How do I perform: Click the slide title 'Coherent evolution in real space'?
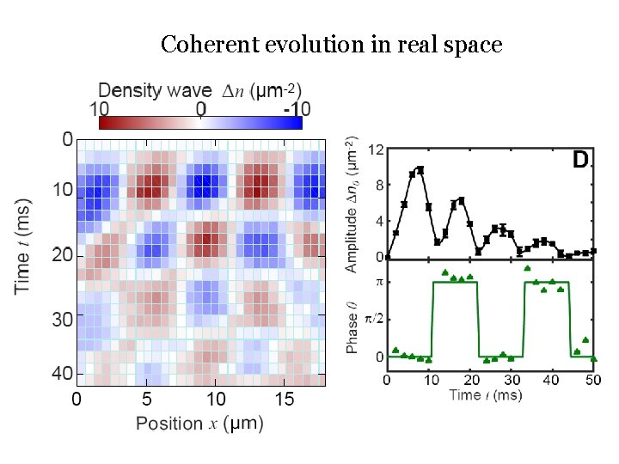tap(331, 44)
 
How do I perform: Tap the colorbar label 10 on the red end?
tap(99, 109)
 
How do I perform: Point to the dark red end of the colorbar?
tap(103, 122)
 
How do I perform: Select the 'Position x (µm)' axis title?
tap(199, 423)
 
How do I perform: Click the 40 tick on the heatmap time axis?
tap(63, 375)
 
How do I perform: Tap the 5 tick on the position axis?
tap(147, 399)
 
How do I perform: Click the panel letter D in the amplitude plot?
tap(581, 160)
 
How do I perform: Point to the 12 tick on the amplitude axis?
tap(376, 149)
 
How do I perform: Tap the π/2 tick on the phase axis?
tap(373, 319)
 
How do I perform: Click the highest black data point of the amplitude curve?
tap(420, 169)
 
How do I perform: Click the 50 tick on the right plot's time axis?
tap(592, 379)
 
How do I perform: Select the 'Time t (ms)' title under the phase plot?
tap(489, 394)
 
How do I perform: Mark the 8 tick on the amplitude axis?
tap(378, 185)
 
